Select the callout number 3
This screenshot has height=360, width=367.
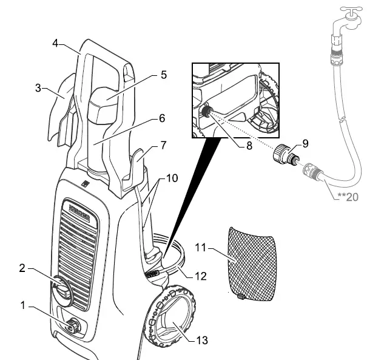coord(38,87)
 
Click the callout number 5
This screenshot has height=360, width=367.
coord(163,75)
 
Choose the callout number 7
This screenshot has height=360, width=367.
coord(162,146)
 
